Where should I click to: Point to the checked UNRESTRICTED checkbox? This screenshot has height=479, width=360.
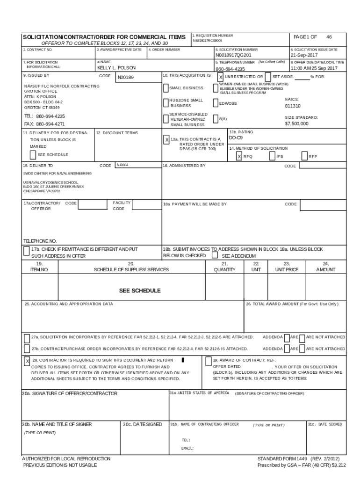pyautogui.click(x=221, y=77)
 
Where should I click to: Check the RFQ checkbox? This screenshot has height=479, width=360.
pyautogui.click(x=239, y=157)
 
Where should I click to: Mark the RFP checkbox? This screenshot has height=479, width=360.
pyautogui.click(x=304, y=157)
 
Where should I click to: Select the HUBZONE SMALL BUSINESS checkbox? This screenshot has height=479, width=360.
pyautogui.click(x=166, y=103)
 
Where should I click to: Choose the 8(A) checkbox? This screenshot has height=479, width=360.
pyautogui.click(x=216, y=119)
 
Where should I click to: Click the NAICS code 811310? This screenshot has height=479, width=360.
pyautogui.click(x=293, y=106)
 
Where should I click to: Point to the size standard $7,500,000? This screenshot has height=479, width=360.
pyautogui.click(x=296, y=123)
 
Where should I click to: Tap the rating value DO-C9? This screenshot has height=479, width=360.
pyautogui.click(x=236, y=138)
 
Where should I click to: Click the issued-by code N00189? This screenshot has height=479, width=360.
pyautogui.click(x=125, y=78)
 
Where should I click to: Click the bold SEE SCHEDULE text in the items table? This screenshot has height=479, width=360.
pyautogui.click(x=140, y=290)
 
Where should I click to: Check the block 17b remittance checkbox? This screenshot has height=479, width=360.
pyautogui.click(x=26, y=251)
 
